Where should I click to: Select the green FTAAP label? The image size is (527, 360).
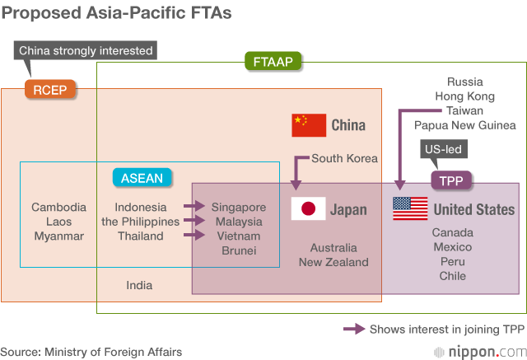pyautogui.click(x=273, y=62)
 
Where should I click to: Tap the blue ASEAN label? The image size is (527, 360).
pyautogui.click(x=142, y=178)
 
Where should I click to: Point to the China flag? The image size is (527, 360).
pyautogui.click(x=309, y=125)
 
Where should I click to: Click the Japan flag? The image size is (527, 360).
pyautogui.click(x=309, y=209)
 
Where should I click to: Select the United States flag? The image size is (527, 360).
pyautogui.click(x=410, y=209)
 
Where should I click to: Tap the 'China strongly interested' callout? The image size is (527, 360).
pyautogui.click(x=86, y=50)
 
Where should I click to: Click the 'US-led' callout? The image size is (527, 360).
pyautogui.click(x=441, y=150)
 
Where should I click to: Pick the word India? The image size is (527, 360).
pyautogui.click(x=139, y=285)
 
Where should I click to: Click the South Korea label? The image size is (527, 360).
pyautogui.click(x=344, y=158)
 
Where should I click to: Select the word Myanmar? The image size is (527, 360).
pyautogui.click(x=58, y=236)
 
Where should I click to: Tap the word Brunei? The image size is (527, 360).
pyautogui.click(x=239, y=250)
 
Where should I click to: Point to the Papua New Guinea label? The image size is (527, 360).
pyautogui.click(x=465, y=125)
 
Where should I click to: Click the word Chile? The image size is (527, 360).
pyautogui.click(x=452, y=276)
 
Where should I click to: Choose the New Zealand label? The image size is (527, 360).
pyautogui.click(x=333, y=262)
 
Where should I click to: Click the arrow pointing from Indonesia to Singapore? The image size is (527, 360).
pyautogui.click(x=194, y=207)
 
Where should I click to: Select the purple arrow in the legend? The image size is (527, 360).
pyautogui.click(x=354, y=329)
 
